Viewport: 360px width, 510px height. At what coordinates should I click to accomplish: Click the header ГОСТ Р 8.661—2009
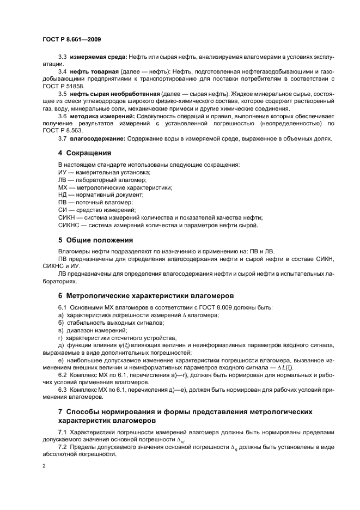pos(71,39)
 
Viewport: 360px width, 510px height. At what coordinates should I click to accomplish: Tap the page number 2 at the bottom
pos(44,466)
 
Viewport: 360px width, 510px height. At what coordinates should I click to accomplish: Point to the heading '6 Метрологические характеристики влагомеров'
pos(146,296)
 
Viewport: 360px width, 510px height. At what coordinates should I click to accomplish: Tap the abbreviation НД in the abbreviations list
pos(63,195)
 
